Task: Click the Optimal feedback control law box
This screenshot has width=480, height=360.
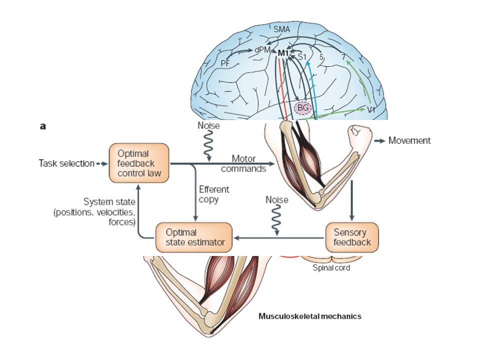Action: (x=139, y=163)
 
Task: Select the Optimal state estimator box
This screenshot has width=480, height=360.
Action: (x=194, y=237)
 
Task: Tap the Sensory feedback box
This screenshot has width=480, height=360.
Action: (x=352, y=237)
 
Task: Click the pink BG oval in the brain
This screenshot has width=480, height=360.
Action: (x=302, y=108)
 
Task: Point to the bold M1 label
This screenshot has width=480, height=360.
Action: (x=283, y=53)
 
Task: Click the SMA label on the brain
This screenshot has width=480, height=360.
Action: (x=281, y=29)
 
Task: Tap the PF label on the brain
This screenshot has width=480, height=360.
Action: (x=225, y=63)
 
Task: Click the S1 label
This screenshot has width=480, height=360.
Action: (x=302, y=57)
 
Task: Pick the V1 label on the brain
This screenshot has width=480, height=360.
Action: (x=371, y=110)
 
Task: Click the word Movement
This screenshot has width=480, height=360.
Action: (x=409, y=140)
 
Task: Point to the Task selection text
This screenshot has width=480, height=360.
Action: (x=66, y=163)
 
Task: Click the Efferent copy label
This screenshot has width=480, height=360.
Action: (x=213, y=194)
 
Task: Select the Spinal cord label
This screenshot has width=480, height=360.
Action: (x=331, y=268)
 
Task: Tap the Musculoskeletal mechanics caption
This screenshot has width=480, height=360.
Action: (x=310, y=316)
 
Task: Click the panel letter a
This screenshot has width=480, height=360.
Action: (x=43, y=126)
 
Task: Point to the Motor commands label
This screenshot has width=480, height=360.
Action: (x=243, y=164)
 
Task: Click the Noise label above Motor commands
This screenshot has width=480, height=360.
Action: (x=208, y=125)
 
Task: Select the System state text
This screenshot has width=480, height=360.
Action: (x=109, y=202)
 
